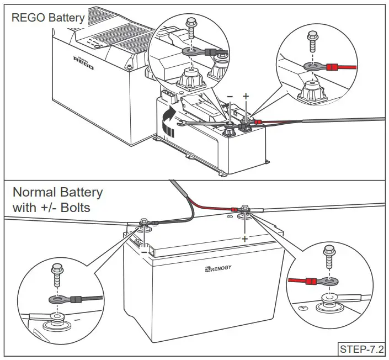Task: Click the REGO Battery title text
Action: click(x=49, y=18)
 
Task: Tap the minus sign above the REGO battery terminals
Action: click(x=230, y=96)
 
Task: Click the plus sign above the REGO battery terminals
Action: click(x=246, y=96)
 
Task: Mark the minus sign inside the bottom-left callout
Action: click(x=77, y=319)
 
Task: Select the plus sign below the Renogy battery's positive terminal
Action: click(x=244, y=238)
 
